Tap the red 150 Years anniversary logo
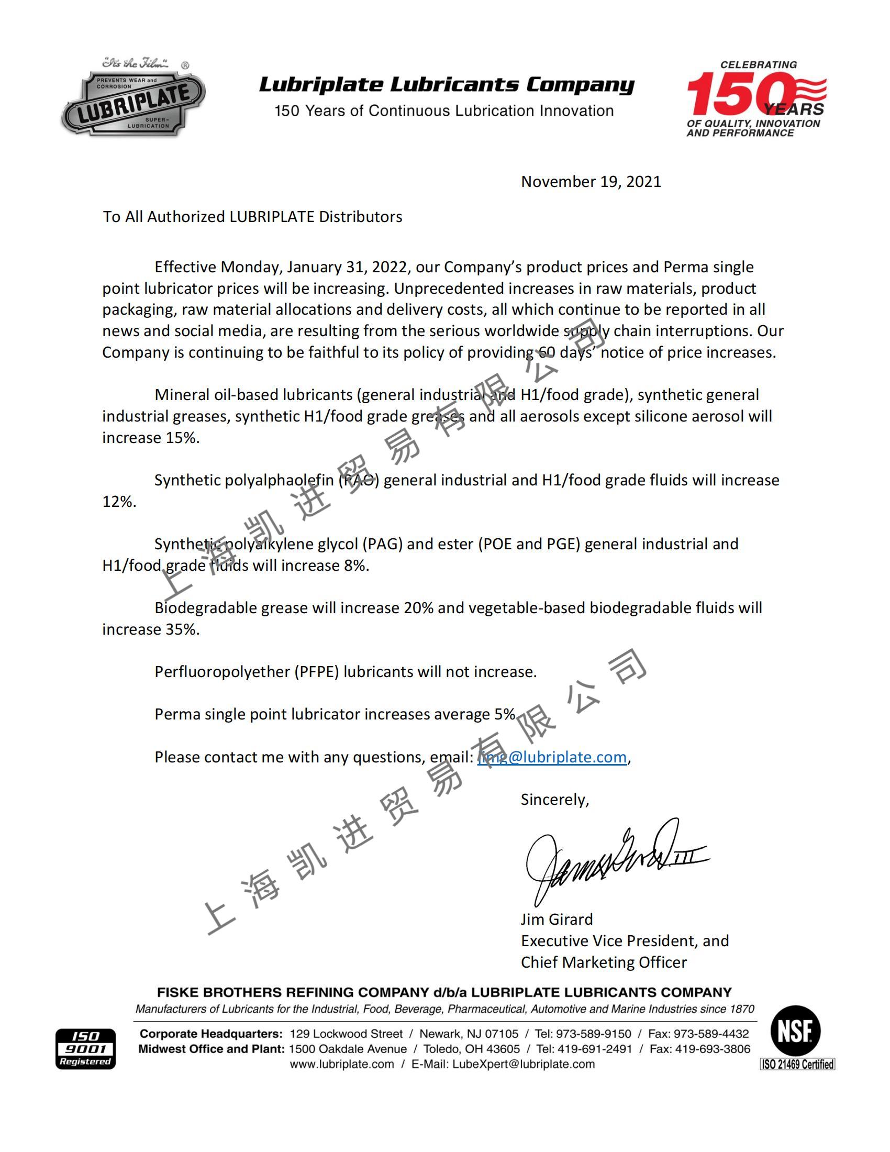click(755, 99)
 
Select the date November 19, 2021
click(591, 182)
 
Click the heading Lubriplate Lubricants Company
click(446, 84)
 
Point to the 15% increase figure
click(182, 438)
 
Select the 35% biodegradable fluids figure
click(182, 629)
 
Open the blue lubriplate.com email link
click(551, 757)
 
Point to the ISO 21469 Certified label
click(797, 1065)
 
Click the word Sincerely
click(554, 800)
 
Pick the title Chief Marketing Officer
click(603, 962)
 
